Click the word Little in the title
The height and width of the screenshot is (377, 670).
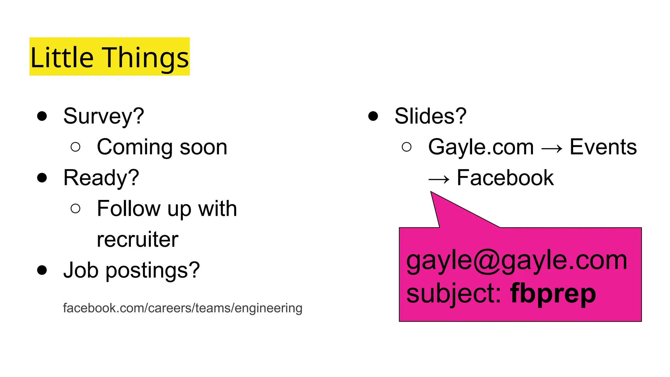tap(62, 58)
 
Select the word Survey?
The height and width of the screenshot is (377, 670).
tap(103, 116)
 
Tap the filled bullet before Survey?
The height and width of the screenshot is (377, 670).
tap(42, 116)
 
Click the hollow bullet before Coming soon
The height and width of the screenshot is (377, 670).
tap(75, 147)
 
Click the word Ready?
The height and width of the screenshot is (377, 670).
tap(101, 178)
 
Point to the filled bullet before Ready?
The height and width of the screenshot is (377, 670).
tap(42, 178)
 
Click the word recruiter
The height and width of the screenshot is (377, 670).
tap(137, 239)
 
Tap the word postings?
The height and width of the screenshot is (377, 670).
tap(152, 271)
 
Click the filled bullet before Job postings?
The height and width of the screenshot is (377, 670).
tap(42, 270)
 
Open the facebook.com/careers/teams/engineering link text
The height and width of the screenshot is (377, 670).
tap(183, 308)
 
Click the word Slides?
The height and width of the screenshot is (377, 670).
tap(430, 116)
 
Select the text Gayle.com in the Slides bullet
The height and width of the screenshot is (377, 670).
tap(481, 147)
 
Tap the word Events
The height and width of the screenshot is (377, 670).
tap(603, 147)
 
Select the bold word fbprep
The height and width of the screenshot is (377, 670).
tap(553, 293)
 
